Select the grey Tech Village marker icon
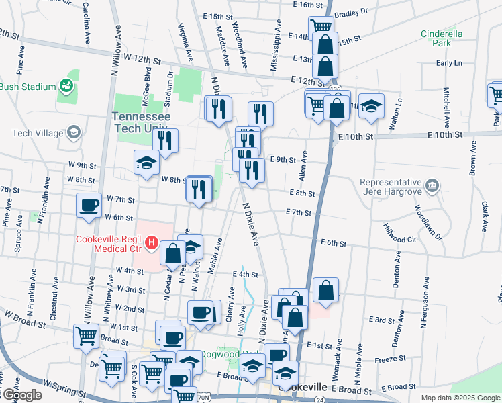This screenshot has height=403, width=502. pos(72,133)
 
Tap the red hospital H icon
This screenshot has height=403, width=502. pos(152,242)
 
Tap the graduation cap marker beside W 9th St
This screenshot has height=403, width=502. pos(146,163)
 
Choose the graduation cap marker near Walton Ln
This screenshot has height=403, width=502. pos(370,106)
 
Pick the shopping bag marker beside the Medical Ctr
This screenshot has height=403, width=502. pos(172,254)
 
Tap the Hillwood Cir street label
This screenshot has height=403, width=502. pos(405,239)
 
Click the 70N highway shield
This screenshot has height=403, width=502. pos(203,398)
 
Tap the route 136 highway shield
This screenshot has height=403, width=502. pos(335,89)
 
